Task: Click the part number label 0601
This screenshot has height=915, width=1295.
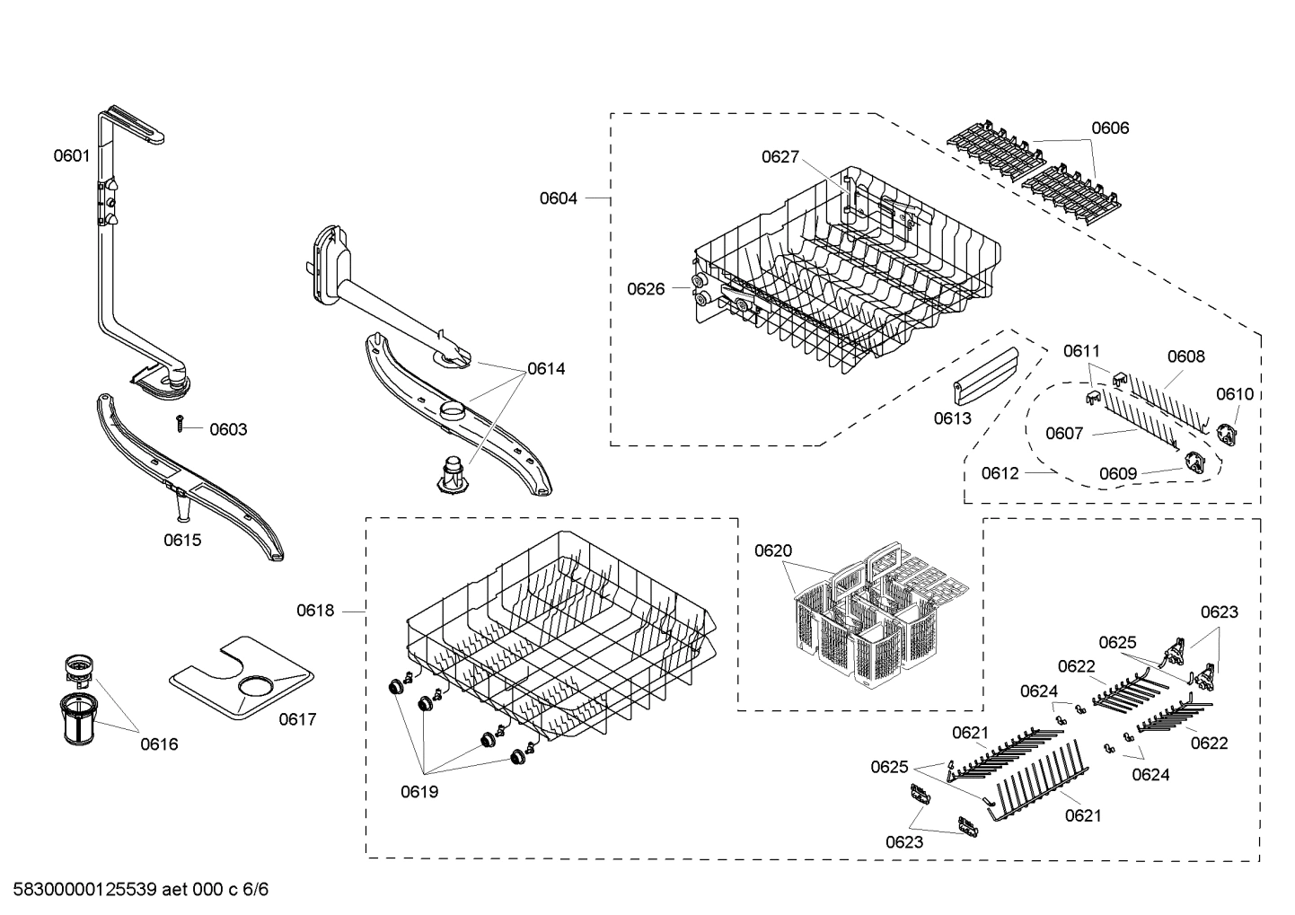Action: tap(71, 155)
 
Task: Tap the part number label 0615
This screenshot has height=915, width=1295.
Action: tap(182, 540)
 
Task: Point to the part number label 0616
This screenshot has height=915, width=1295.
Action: tap(159, 743)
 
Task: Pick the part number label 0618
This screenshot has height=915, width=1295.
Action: tap(315, 611)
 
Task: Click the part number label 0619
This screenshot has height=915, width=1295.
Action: tap(419, 792)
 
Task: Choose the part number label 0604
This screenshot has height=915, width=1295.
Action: tap(558, 198)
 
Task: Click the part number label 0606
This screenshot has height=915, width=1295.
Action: tap(1110, 128)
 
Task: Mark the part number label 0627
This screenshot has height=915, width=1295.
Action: tap(780, 157)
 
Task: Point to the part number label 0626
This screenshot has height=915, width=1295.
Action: tap(646, 288)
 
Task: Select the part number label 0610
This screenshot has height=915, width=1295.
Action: tap(1235, 394)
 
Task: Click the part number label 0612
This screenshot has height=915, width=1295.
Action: tap(1000, 472)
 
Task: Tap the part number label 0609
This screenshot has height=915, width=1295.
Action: tap(1118, 473)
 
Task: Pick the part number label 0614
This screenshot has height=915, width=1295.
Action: tap(546, 368)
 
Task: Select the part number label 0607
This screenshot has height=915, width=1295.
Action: tap(1064, 434)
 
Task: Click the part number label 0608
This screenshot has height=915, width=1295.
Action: tap(1186, 356)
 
